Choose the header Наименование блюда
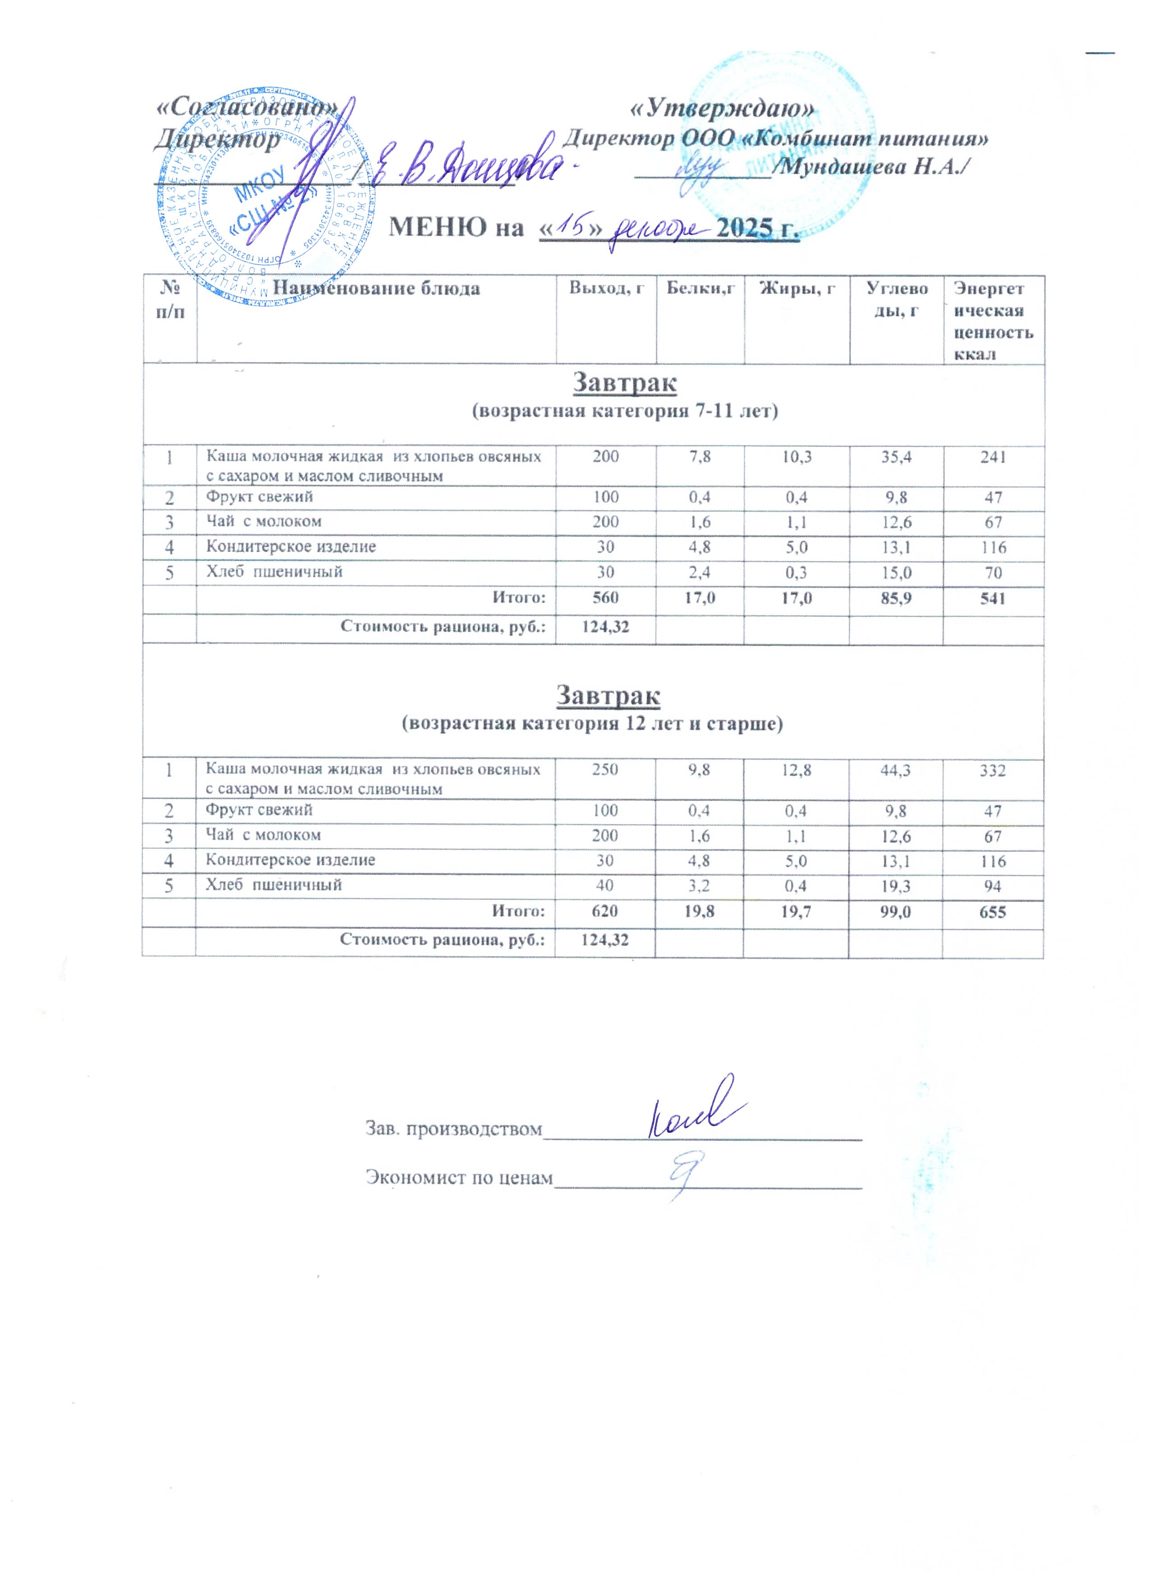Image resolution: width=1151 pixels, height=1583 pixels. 376,288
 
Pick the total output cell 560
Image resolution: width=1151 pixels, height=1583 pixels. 605,598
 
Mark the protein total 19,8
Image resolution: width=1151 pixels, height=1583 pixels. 700,911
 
